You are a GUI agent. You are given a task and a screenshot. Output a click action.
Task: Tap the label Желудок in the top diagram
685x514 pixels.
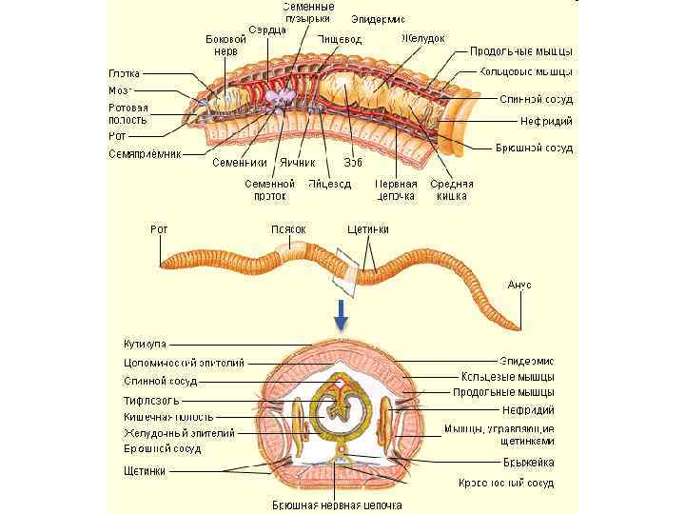pyautogui.click(x=422, y=38)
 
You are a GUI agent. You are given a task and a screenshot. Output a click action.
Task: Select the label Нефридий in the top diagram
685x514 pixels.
pyautogui.click(x=545, y=121)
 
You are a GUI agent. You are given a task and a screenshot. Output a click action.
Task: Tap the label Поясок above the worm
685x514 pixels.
pyautogui.click(x=288, y=229)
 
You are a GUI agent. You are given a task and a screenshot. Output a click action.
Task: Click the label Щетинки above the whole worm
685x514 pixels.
pyautogui.click(x=367, y=229)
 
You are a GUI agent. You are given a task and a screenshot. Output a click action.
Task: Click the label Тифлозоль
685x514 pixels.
pyautogui.click(x=150, y=400)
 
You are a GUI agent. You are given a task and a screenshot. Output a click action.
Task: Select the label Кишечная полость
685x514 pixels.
pyautogui.click(x=168, y=416)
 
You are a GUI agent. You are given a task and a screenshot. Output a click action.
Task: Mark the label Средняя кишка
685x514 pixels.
pyautogui.click(x=449, y=189)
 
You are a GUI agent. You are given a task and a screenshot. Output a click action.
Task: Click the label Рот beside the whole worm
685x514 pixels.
pyautogui.click(x=160, y=229)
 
